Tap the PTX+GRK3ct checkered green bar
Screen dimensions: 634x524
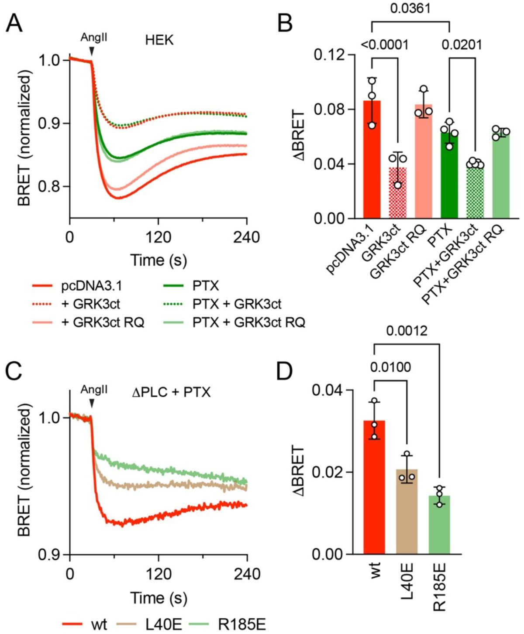[x=475, y=192]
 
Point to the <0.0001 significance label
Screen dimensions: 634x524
[x=384, y=45]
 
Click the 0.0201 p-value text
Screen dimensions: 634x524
[x=462, y=45]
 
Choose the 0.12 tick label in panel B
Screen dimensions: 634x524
[x=328, y=55]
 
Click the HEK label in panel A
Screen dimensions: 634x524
[x=159, y=40]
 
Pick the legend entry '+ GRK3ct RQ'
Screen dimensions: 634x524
[x=103, y=322]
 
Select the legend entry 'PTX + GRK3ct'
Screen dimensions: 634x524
[x=237, y=304]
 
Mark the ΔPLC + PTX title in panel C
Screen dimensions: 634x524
[x=171, y=392]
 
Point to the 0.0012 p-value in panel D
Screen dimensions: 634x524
[x=407, y=332]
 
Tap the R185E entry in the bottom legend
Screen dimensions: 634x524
[x=241, y=624]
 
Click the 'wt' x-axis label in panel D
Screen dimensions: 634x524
[x=375, y=570]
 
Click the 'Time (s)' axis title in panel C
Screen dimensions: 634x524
[x=159, y=597]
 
